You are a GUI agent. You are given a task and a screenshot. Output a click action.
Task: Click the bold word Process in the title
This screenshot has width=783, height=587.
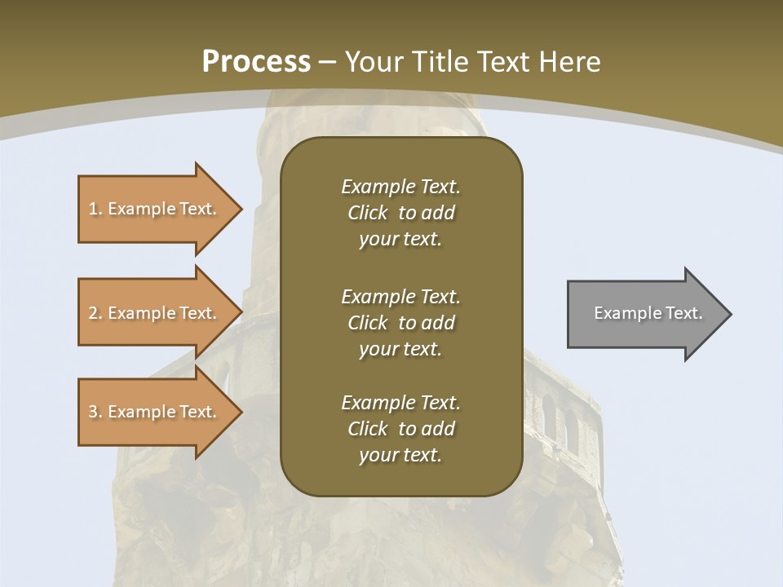[x=256, y=62]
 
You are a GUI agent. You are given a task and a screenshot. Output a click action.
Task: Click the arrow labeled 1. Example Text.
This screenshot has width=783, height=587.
[x=155, y=209]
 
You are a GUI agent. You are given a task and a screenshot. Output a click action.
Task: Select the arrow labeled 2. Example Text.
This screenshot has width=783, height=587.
[x=155, y=313]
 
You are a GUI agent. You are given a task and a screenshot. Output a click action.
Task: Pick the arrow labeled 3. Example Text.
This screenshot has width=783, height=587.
[x=155, y=412]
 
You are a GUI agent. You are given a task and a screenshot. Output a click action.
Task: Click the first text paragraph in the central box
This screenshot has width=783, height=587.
[x=400, y=213]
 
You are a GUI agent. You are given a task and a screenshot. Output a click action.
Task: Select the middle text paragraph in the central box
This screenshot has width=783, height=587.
[x=400, y=323]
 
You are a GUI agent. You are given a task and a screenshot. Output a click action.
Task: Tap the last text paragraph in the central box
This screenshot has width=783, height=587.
[x=400, y=429]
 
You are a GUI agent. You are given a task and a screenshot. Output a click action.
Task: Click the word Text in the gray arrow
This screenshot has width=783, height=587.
[x=684, y=313]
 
